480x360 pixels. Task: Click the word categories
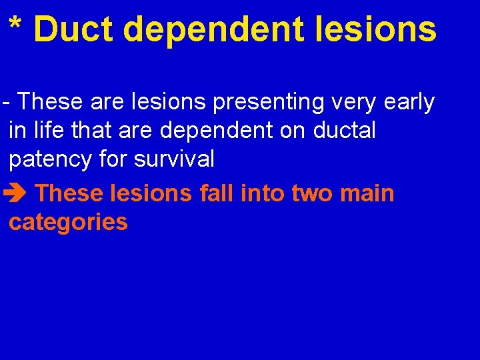68,222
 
